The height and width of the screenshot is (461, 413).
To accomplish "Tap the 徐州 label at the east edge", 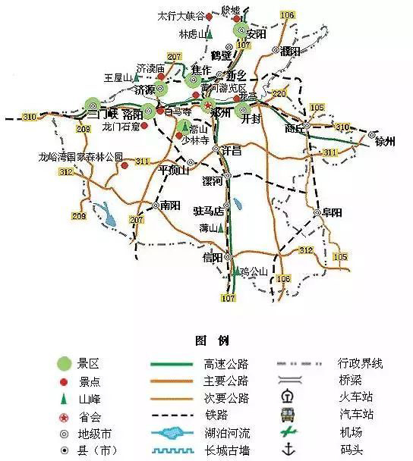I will click(x=386, y=142).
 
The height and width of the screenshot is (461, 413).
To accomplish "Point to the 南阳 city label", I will click(x=172, y=205).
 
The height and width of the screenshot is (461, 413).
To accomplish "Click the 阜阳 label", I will click(x=332, y=212).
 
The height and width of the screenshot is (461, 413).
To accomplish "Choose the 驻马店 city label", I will click(x=209, y=210).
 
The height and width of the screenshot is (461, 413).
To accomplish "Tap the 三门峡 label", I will click(x=102, y=114).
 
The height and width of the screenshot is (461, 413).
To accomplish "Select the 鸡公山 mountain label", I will click(x=254, y=271).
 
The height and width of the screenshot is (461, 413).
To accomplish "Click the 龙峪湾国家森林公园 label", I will click(x=81, y=156).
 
